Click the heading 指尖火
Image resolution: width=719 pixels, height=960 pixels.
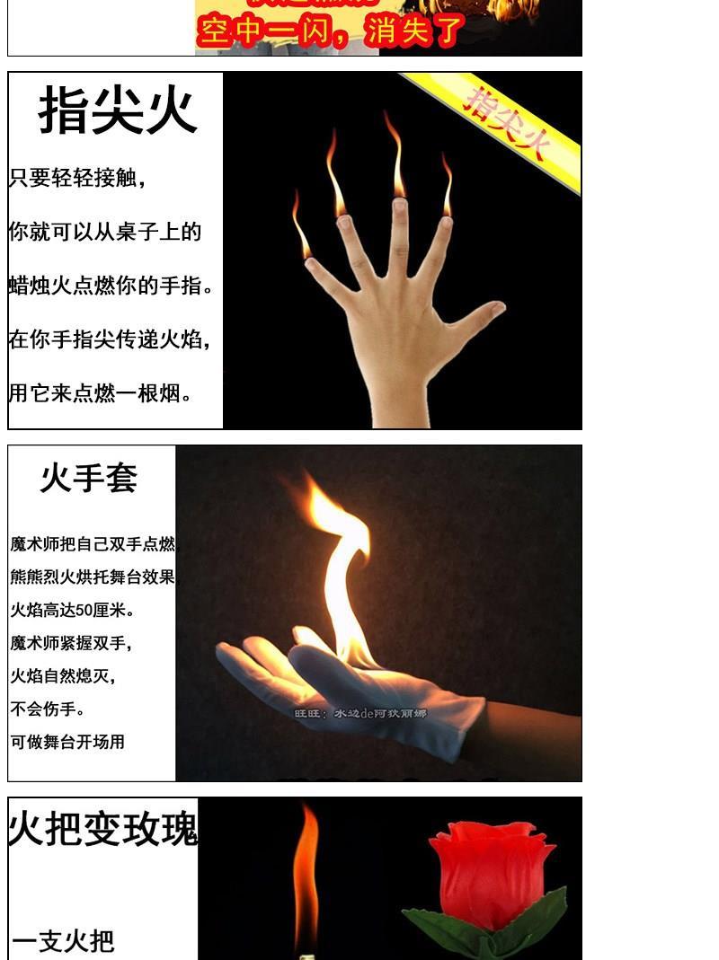point(117,111)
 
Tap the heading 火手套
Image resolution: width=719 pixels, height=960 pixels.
point(88,478)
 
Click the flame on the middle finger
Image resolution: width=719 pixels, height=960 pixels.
point(395,157)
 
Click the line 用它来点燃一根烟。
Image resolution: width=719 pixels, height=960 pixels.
point(101,393)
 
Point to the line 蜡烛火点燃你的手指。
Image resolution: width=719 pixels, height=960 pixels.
point(112,286)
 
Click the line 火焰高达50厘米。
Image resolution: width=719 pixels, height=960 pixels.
point(73,611)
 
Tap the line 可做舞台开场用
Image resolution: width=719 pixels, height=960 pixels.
point(67,743)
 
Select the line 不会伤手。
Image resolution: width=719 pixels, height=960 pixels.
point(49,709)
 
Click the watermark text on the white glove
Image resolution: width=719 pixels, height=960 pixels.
point(360,714)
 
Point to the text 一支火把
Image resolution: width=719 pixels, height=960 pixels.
point(63,941)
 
